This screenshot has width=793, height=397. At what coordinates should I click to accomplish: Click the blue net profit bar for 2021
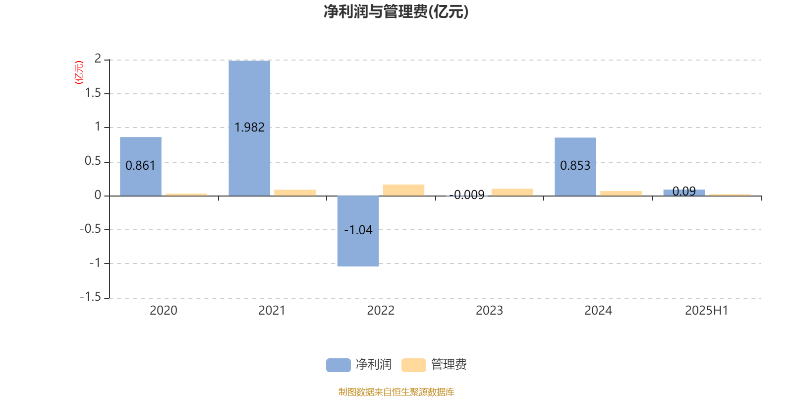click(x=249, y=128)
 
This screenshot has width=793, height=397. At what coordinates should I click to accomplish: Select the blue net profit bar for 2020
click(x=141, y=166)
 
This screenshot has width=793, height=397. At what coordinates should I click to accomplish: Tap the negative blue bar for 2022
click(x=358, y=231)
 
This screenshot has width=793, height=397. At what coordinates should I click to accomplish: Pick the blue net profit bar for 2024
click(x=575, y=167)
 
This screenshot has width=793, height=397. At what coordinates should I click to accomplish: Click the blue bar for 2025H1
click(x=684, y=193)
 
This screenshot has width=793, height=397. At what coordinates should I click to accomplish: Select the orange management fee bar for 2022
click(x=403, y=190)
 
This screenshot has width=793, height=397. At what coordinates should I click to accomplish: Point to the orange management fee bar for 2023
click(x=512, y=192)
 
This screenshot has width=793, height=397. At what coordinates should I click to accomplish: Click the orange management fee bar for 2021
click(x=295, y=193)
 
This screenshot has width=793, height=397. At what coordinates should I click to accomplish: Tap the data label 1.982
click(x=249, y=127)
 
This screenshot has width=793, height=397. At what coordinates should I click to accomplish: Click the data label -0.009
click(x=467, y=195)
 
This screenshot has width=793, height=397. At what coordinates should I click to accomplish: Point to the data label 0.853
click(x=575, y=166)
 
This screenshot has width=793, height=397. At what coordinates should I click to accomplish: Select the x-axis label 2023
click(x=489, y=311)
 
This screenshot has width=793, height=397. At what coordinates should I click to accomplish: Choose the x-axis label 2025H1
click(x=706, y=311)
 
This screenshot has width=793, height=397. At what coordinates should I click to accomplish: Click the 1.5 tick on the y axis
click(x=93, y=93)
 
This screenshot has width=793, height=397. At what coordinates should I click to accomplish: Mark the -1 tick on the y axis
click(x=95, y=263)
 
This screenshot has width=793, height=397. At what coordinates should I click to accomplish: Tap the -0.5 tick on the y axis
click(x=90, y=229)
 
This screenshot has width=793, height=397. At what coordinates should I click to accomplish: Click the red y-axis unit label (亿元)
click(x=79, y=72)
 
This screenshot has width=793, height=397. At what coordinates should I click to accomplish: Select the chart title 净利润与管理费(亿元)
click(x=396, y=12)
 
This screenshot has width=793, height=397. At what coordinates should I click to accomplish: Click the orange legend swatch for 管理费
click(x=413, y=365)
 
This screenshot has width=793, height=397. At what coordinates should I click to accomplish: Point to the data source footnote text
click(x=396, y=392)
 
